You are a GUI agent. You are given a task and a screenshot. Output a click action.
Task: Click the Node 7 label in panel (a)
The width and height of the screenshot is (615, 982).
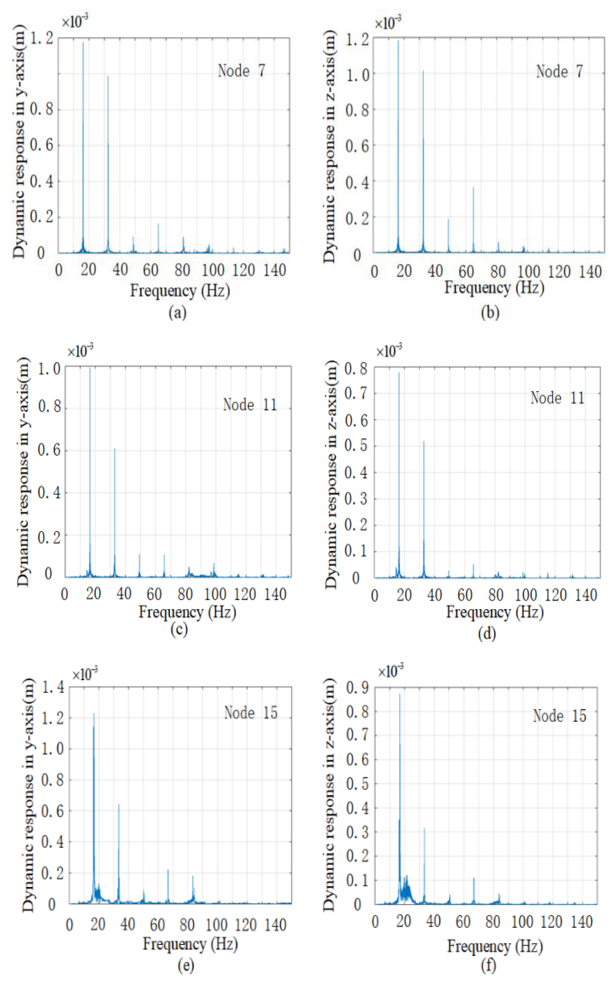pos(242,71)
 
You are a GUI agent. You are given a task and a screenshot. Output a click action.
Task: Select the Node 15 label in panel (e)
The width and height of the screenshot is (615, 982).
pos(251,712)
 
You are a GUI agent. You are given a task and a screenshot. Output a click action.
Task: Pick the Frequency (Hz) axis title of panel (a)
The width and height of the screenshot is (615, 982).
pos(180,291)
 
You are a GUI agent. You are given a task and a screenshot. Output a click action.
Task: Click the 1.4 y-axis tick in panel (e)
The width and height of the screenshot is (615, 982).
pos(53,688)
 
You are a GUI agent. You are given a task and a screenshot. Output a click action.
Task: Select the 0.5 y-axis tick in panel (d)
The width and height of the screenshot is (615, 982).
pos(356,446)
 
